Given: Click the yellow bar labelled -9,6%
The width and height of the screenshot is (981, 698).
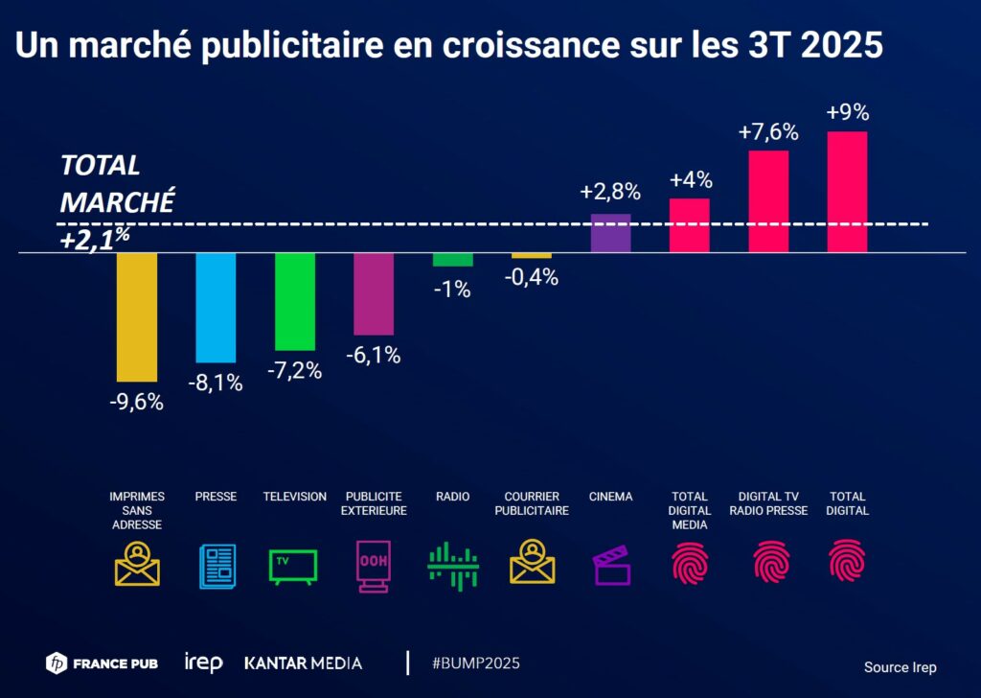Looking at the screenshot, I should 137,317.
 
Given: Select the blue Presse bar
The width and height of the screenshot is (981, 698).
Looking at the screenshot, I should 216,308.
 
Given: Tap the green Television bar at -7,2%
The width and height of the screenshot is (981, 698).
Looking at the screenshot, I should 295,302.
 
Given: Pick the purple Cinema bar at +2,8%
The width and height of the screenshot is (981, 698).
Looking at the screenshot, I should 610,234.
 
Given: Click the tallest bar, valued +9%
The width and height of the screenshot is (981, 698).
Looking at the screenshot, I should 847,192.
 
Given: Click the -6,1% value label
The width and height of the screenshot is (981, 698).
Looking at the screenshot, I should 373,355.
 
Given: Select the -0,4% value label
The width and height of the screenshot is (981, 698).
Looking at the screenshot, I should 532,278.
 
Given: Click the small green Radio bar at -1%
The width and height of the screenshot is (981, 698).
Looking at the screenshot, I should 452,260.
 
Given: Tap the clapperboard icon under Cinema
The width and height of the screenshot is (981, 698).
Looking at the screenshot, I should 611,565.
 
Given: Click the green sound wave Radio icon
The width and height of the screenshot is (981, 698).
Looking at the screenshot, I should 452,565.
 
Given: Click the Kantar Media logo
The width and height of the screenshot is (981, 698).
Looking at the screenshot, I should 303,663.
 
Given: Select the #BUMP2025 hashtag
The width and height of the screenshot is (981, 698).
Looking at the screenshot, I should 476,663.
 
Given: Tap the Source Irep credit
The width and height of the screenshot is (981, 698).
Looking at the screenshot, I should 900,667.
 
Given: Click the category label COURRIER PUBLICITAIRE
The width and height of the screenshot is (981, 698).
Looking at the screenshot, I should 532,503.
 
